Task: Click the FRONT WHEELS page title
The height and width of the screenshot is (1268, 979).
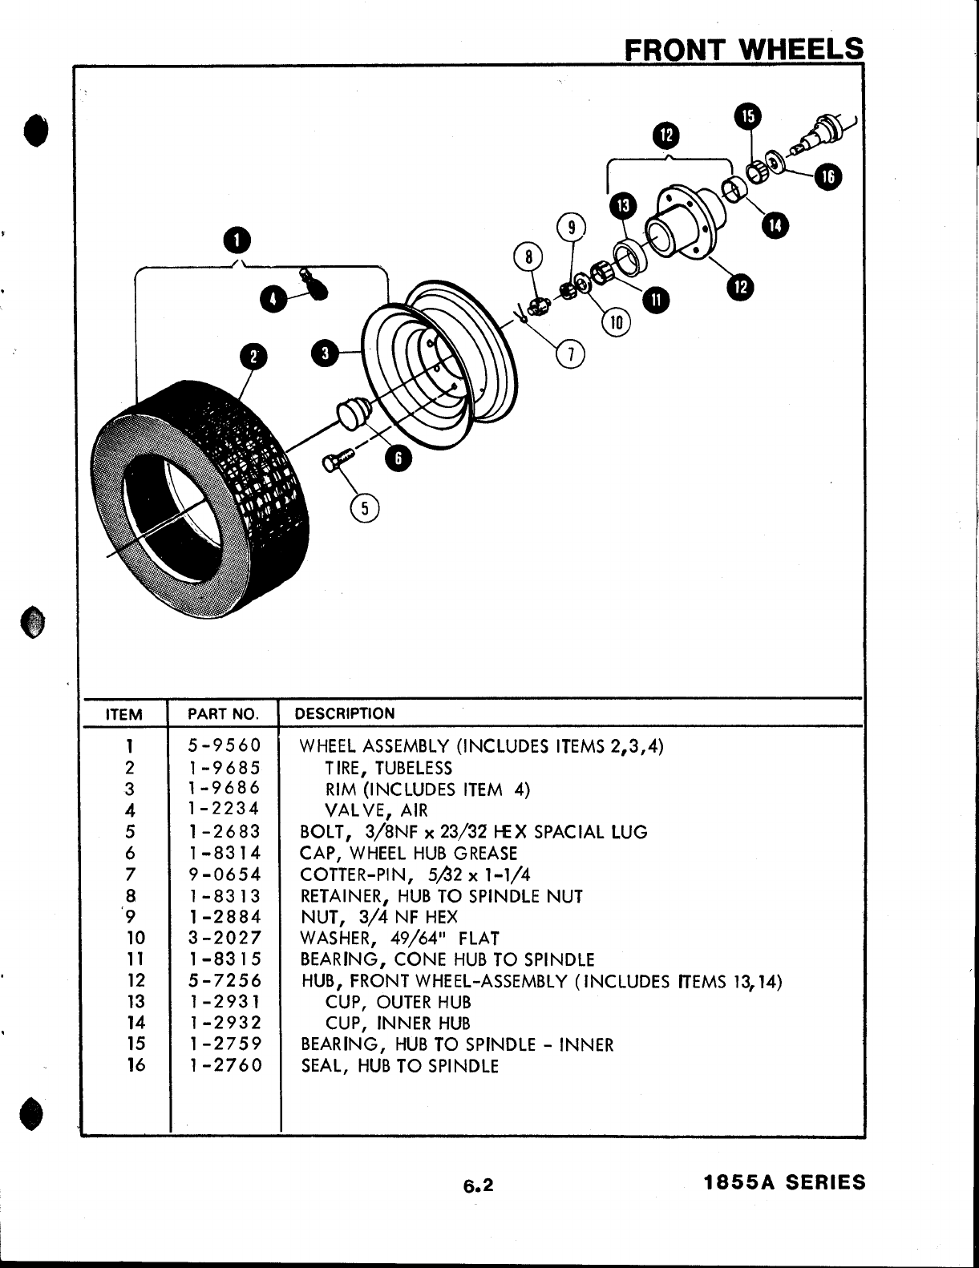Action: (x=744, y=49)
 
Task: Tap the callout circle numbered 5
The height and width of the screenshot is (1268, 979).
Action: (x=365, y=508)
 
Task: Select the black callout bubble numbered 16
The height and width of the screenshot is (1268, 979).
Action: (x=827, y=178)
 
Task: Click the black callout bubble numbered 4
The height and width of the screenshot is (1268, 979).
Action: (x=273, y=299)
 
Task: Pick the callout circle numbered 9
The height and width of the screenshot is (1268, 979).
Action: (x=572, y=228)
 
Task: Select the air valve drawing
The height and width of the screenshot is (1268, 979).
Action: (x=313, y=284)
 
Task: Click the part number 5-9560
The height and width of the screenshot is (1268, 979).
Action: (x=225, y=746)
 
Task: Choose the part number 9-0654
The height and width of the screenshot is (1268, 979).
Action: (x=225, y=874)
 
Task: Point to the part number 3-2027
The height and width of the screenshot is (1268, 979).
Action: (x=225, y=938)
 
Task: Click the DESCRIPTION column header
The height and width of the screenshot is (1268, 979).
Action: (x=345, y=713)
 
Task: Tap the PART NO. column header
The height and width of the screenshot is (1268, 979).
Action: (x=223, y=714)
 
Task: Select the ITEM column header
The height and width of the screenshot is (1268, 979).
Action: (x=124, y=714)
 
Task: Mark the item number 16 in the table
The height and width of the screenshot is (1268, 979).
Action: (x=136, y=1066)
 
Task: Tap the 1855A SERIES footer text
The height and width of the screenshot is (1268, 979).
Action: (x=784, y=1182)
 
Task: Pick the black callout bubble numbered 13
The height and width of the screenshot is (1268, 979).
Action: (x=622, y=206)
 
